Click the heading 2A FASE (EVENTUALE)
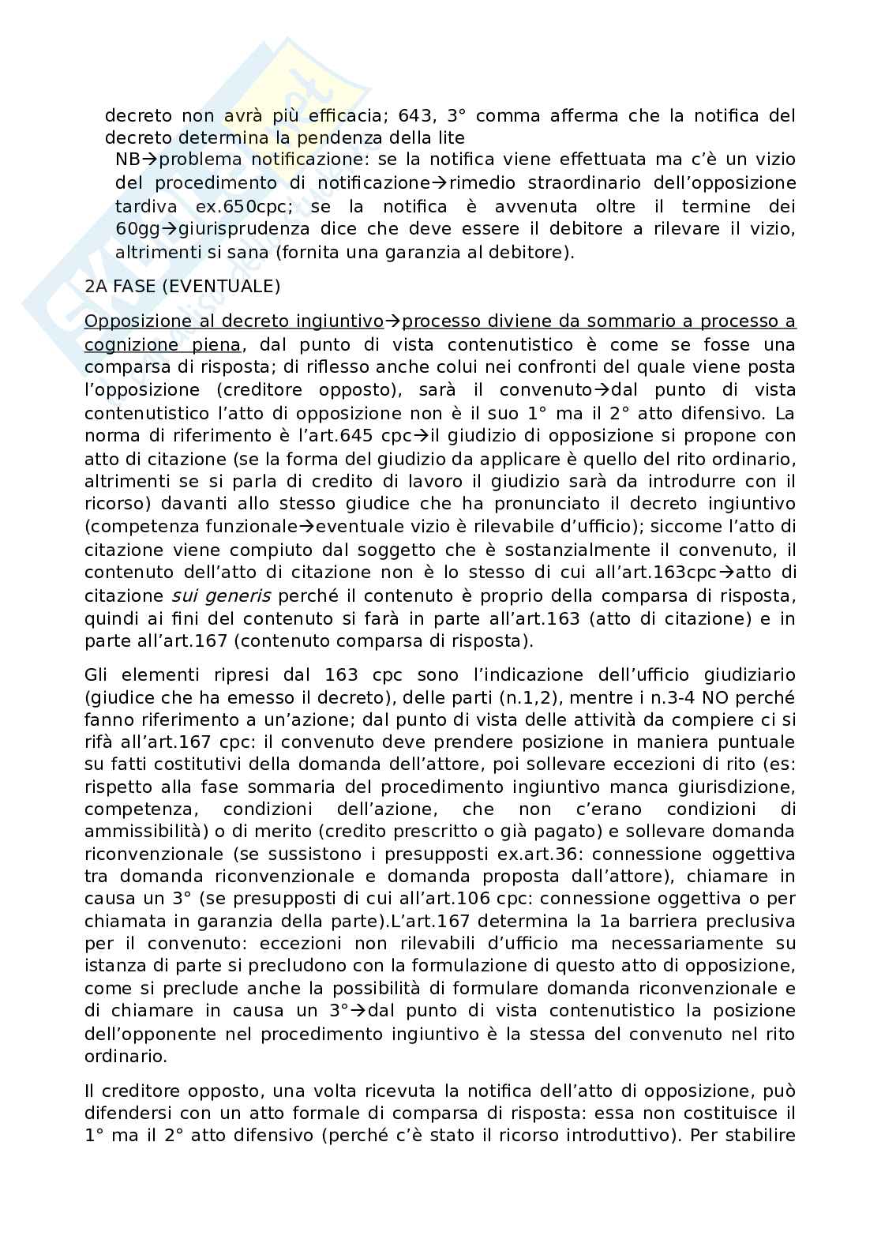182,287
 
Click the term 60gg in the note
135,230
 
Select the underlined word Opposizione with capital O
148,321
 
